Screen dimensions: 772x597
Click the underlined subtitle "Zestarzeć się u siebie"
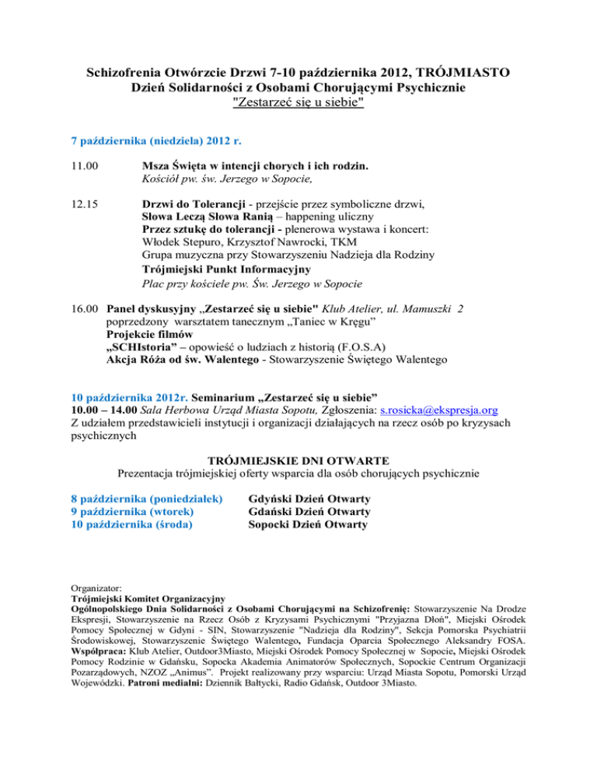tap(298, 102)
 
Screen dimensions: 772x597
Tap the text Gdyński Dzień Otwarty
tap(309, 498)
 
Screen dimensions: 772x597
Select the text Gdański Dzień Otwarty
tap(309, 511)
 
